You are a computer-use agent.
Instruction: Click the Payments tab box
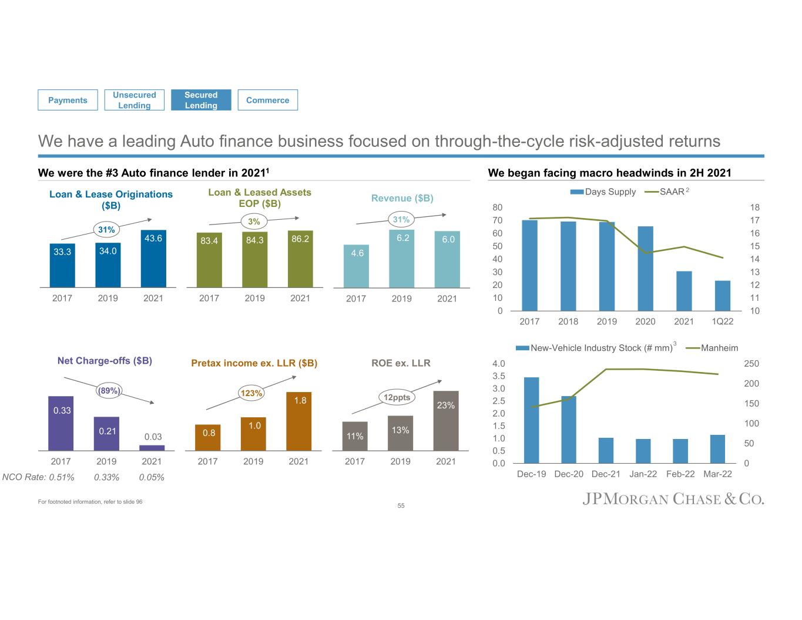point(68,100)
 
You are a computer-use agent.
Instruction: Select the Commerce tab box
point(267,100)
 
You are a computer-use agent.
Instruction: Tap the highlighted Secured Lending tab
point(201,100)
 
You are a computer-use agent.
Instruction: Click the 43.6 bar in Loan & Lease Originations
point(153,259)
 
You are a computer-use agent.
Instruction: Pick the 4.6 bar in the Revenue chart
point(356,266)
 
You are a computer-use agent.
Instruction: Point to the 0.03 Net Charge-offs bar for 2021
point(152,448)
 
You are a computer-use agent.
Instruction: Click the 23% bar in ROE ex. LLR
point(445,421)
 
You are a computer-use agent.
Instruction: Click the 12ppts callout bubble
point(397,397)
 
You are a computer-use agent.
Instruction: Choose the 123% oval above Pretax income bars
point(251,393)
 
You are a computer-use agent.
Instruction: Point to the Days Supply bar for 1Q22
point(722,296)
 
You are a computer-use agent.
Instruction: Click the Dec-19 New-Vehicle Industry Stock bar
point(531,420)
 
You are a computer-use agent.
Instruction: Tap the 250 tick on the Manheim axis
point(751,364)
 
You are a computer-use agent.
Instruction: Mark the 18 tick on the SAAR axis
point(755,207)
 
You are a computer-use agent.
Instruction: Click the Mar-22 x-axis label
point(717,474)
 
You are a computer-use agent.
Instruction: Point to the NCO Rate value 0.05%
point(152,477)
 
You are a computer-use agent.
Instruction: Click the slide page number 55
point(401,505)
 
